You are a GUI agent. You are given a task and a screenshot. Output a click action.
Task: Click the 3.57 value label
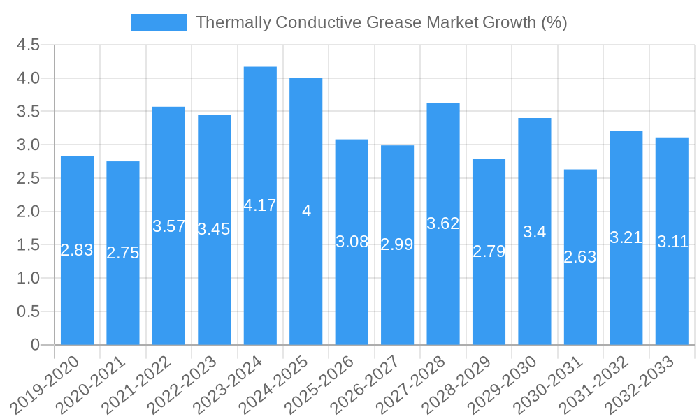point(168,226)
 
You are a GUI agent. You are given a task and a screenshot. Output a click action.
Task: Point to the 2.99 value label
point(397,244)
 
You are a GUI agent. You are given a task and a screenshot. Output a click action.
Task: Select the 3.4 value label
point(535,233)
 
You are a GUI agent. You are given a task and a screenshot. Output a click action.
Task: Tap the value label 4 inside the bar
point(306,211)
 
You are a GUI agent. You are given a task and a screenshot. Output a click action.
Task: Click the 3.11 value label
point(672,242)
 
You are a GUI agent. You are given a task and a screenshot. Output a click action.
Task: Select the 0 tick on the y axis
point(35,345)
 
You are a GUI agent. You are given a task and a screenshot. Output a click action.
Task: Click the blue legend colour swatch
point(159,22)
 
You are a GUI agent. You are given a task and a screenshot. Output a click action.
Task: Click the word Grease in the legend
point(390,22)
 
